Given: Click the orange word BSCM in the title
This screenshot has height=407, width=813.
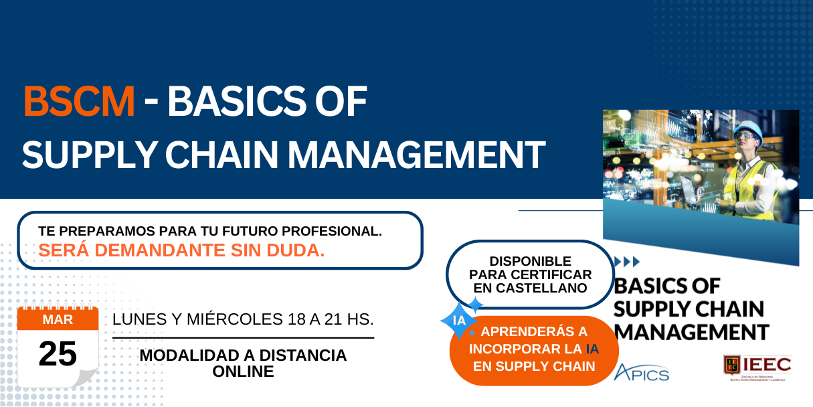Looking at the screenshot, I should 79,102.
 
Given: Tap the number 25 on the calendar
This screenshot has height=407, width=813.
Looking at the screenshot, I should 58,354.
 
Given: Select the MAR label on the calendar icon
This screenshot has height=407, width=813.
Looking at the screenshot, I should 58,320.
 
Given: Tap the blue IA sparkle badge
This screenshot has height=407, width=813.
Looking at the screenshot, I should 460,320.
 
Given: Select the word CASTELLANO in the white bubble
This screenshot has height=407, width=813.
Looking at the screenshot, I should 531,288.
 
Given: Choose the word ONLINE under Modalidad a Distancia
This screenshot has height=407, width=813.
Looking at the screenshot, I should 243,372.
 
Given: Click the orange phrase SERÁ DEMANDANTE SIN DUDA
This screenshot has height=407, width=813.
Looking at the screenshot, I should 181,250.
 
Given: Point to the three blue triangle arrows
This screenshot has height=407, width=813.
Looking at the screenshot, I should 627,261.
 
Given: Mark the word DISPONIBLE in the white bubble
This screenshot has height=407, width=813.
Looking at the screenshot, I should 531,261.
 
